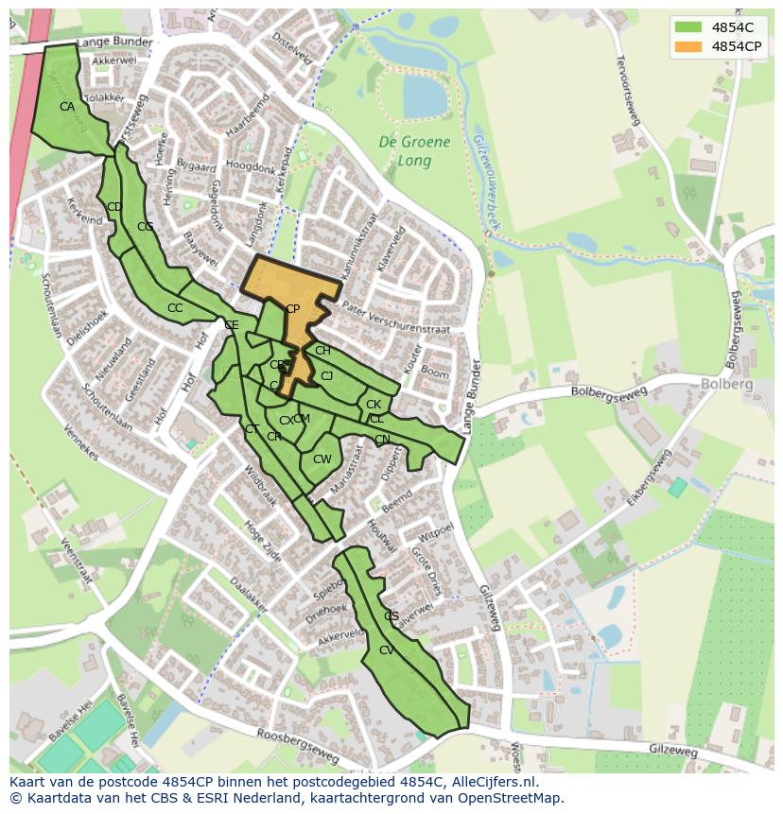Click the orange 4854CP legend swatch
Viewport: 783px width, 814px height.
pyautogui.click(x=688, y=45)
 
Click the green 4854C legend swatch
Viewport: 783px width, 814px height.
pyautogui.click(x=688, y=27)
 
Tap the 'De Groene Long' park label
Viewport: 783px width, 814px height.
pyautogui.click(x=414, y=151)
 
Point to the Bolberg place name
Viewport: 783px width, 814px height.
pyautogui.click(x=726, y=384)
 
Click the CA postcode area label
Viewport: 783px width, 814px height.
pyautogui.click(x=66, y=107)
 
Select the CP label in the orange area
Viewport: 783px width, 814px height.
pyautogui.click(x=292, y=309)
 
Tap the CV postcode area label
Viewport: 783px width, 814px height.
pyautogui.click(x=386, y=650)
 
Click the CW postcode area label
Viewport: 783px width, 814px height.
pyautogui.click(x=322, y=459)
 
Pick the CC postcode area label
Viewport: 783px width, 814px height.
pyautogui.click(x=175, y=308)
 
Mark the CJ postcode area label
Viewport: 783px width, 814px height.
pyautogui.click(x=326, y=376)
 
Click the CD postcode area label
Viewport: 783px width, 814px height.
pyautogui.click(x=114, y=207)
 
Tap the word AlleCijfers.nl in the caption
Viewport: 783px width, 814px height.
pyautogui.click(x=491, y=782)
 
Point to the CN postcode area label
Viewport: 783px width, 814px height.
pyautogui.click(x=382, y=440)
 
